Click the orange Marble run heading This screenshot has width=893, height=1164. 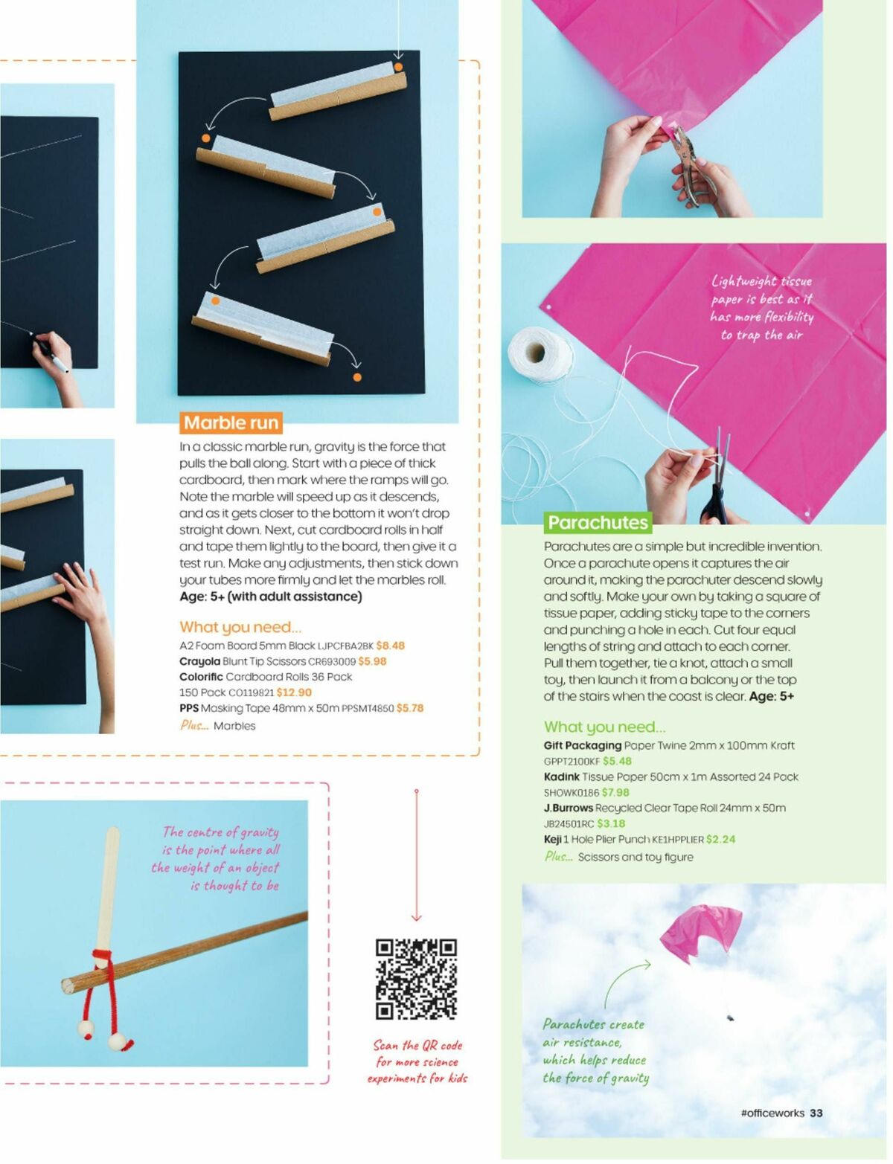tap(231, 423)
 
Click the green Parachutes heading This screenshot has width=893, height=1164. tap(598, 523)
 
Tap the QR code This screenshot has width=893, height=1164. tap(416, 979)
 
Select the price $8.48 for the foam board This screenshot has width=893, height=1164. tap(391, 646)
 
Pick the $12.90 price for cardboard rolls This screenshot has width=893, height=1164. tap(294, 692)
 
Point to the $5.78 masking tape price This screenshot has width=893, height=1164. tap(410, 708)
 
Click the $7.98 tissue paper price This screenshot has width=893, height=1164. tap(615, 793)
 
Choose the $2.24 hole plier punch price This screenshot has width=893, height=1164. tap(720, 839)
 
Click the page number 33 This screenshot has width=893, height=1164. tap(816, 1113)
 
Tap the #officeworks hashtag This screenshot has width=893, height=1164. tap(772, 1113)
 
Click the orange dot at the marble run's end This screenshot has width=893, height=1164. tap(357, 378)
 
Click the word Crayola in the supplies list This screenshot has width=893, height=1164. tap(199, 661)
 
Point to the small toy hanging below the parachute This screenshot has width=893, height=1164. tap(731, 1017)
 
